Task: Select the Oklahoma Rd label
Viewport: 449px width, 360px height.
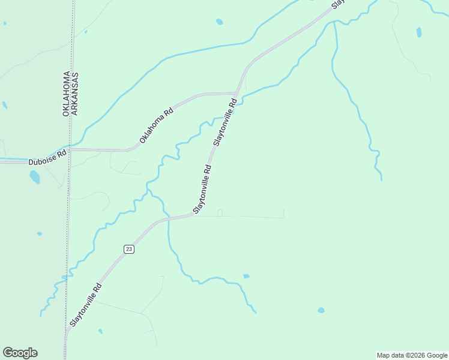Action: pos(157,125)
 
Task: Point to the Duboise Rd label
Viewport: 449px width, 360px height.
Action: pos(47,162)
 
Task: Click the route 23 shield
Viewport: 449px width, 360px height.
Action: pos(128,249)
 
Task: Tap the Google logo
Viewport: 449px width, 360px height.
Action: pos(20,353)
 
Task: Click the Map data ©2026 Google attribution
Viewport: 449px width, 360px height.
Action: pos(412,355)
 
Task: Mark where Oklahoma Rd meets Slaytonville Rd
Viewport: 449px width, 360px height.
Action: pos(238,94)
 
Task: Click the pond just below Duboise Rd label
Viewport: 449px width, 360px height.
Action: pos(35,177)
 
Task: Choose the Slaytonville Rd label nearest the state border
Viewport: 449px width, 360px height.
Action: pos(85,305)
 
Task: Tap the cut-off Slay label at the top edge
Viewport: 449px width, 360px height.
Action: pos(339,4)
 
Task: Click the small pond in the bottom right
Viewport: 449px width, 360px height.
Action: pos(321,310)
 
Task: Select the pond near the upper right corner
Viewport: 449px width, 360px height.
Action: pos(419,32)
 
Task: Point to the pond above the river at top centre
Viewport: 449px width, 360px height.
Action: pos(220,22)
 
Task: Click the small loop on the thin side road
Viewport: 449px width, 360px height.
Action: pos(220,212)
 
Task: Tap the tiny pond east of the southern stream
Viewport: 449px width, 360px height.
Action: pos(246,276)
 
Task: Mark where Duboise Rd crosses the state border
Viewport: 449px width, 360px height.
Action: pos(70,149)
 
